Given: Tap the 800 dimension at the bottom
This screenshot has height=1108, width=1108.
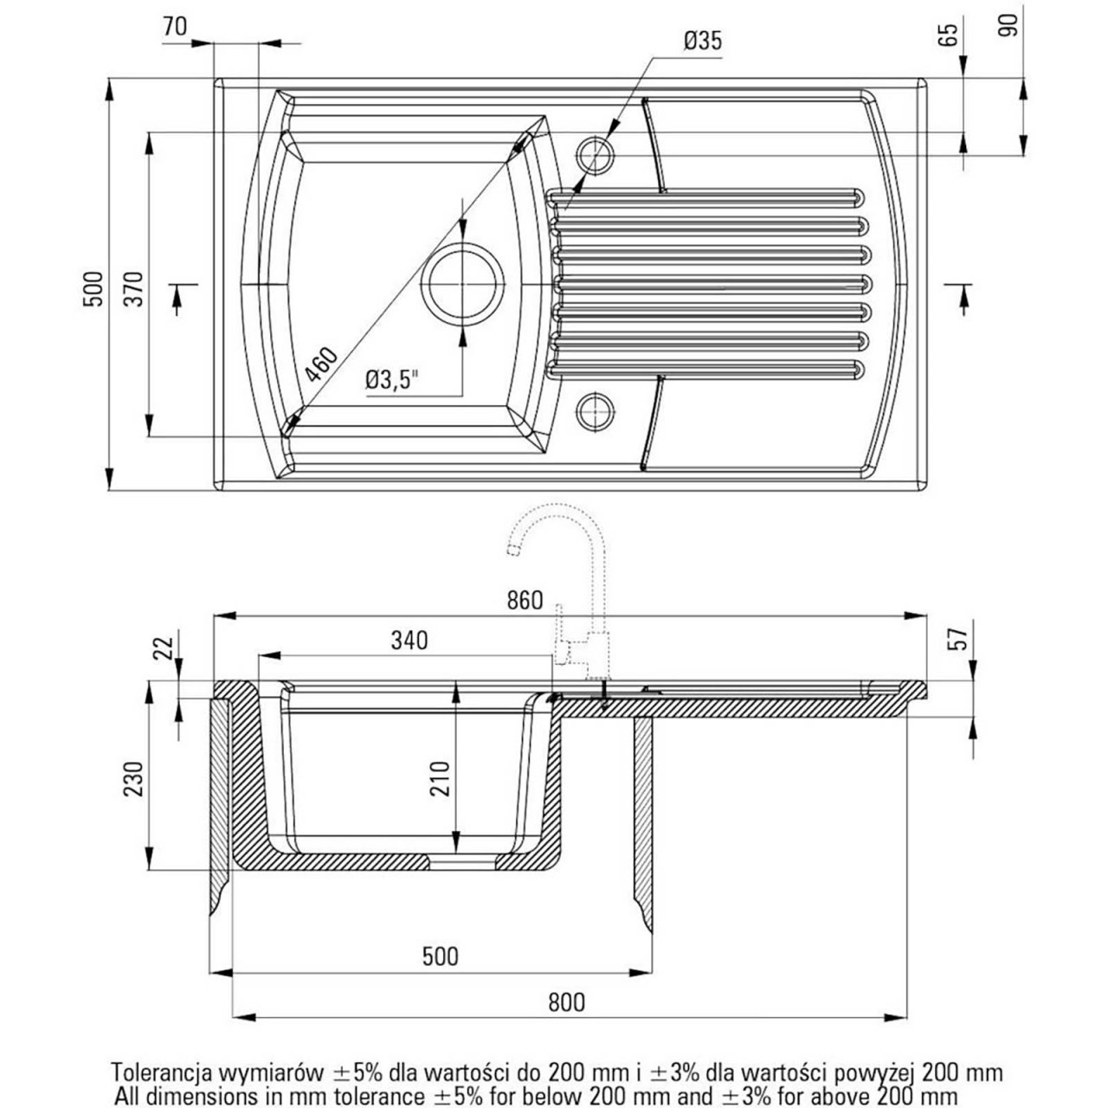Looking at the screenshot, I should point(567,1002).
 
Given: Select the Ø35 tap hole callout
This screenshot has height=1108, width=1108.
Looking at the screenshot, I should point(702,41).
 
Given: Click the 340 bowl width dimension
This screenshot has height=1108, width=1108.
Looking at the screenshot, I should point(409,641).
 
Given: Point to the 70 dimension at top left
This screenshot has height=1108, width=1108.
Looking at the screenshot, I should point(174,26).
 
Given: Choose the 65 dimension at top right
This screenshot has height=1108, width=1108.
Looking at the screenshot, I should point(950,35).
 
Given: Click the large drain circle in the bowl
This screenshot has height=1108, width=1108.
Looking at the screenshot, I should point(462,283).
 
